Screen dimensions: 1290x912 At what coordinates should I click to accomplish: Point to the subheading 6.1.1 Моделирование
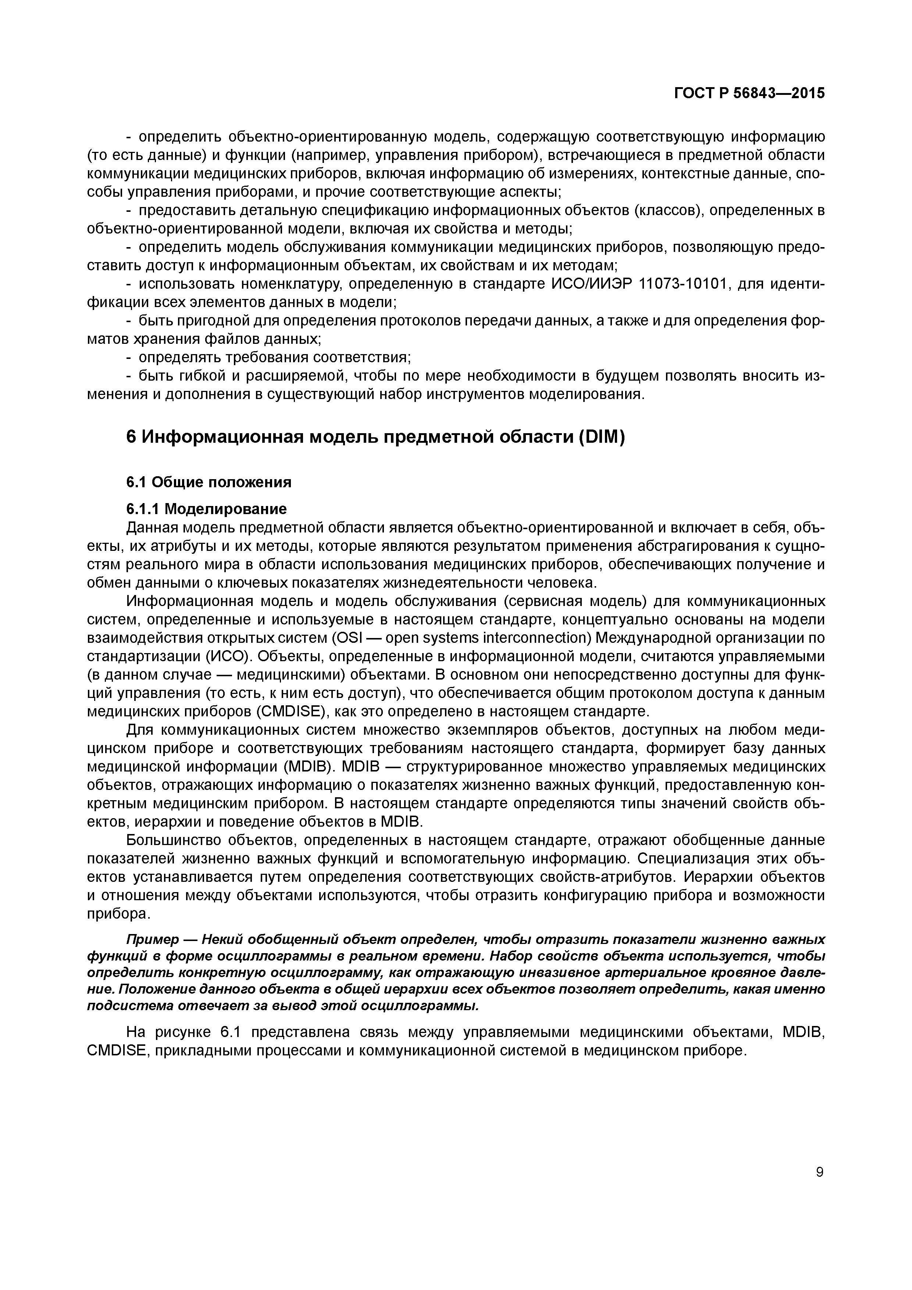[x=206, y=509]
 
